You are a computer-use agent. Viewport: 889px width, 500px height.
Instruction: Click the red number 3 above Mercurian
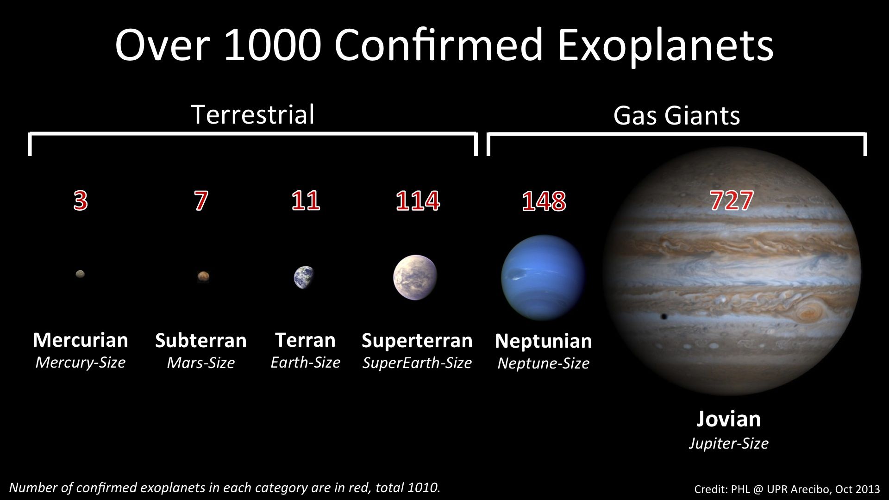point(81,200)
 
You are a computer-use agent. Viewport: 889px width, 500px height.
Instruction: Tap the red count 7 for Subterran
point(201,200)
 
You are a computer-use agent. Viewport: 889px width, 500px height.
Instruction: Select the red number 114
point(418,200)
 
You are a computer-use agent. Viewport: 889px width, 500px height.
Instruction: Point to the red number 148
point(544,201)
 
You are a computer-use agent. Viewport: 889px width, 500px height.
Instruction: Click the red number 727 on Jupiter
point(732,200)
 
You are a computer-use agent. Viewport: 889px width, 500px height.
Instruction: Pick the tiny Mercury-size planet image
point(80,274)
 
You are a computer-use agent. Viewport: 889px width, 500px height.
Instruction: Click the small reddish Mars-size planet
point(203,276)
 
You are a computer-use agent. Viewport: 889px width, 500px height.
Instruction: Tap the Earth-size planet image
point(304,277)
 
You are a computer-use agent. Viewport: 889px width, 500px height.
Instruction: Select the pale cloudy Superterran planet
point(415,277)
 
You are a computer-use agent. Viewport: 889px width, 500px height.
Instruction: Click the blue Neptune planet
point(543,277)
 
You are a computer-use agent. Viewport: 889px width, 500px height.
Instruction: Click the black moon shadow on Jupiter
point(664,317)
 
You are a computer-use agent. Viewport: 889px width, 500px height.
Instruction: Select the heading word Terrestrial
point(253,114)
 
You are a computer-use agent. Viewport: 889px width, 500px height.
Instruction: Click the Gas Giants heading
point(677,115)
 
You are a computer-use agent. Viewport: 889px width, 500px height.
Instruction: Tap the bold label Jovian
point(729,419)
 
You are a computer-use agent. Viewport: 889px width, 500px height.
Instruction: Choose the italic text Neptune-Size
point(544,363)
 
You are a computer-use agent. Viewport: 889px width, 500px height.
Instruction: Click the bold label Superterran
point(417,341)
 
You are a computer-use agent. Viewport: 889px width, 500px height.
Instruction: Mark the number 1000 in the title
point(273,45)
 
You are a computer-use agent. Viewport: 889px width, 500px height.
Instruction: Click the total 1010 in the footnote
point(423,487)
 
